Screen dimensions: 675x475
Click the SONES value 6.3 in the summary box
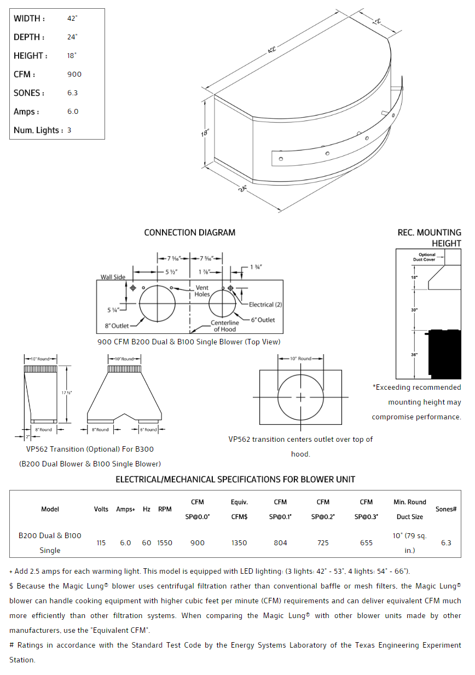[x=72, y=93]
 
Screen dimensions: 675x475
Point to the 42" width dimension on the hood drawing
[x=272, y=50]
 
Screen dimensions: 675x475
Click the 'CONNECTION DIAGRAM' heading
[x=189, y=233]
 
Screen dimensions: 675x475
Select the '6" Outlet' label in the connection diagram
[x=263, y=320]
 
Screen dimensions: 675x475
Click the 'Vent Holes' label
[x=202, y=291]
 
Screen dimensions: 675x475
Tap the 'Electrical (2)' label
[x=265, y=304]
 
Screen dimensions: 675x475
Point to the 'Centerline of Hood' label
[x=225, y=326]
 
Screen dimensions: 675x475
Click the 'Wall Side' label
[x=113, y=277]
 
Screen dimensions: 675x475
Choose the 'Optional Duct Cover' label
[x=427, y=257]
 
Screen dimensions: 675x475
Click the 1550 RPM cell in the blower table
[x=165, y=543]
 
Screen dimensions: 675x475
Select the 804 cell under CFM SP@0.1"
[x=280, y=543]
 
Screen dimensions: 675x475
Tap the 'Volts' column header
[x=101, y=509]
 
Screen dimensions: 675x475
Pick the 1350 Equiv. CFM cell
[x=239, y=543]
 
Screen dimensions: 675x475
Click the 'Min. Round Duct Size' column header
[x=409, y=509]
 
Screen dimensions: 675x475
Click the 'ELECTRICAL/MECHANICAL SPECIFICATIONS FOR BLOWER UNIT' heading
[x=235, y=480]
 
